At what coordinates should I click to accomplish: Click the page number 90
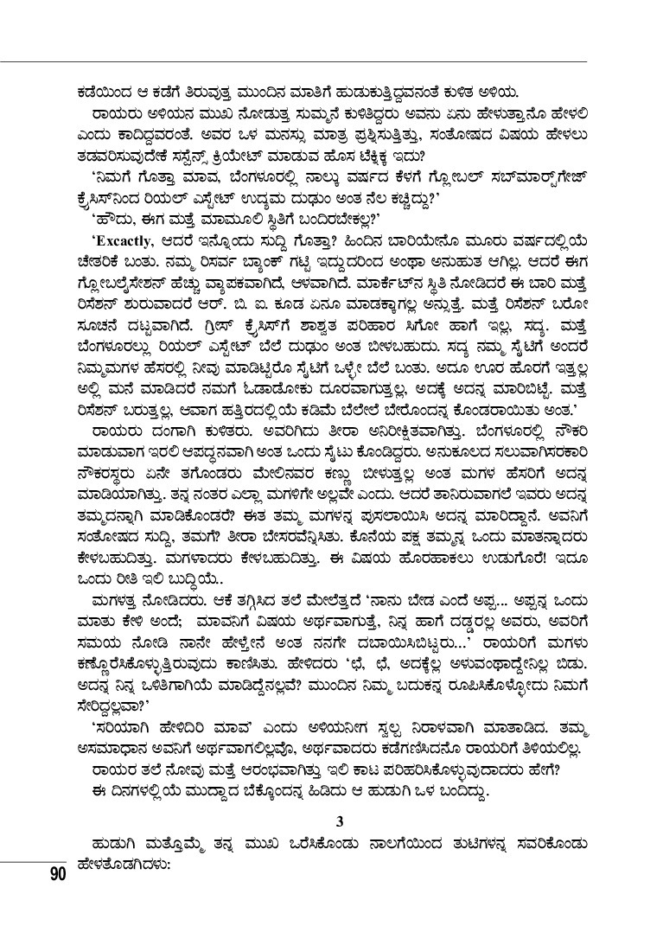point(58,874)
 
